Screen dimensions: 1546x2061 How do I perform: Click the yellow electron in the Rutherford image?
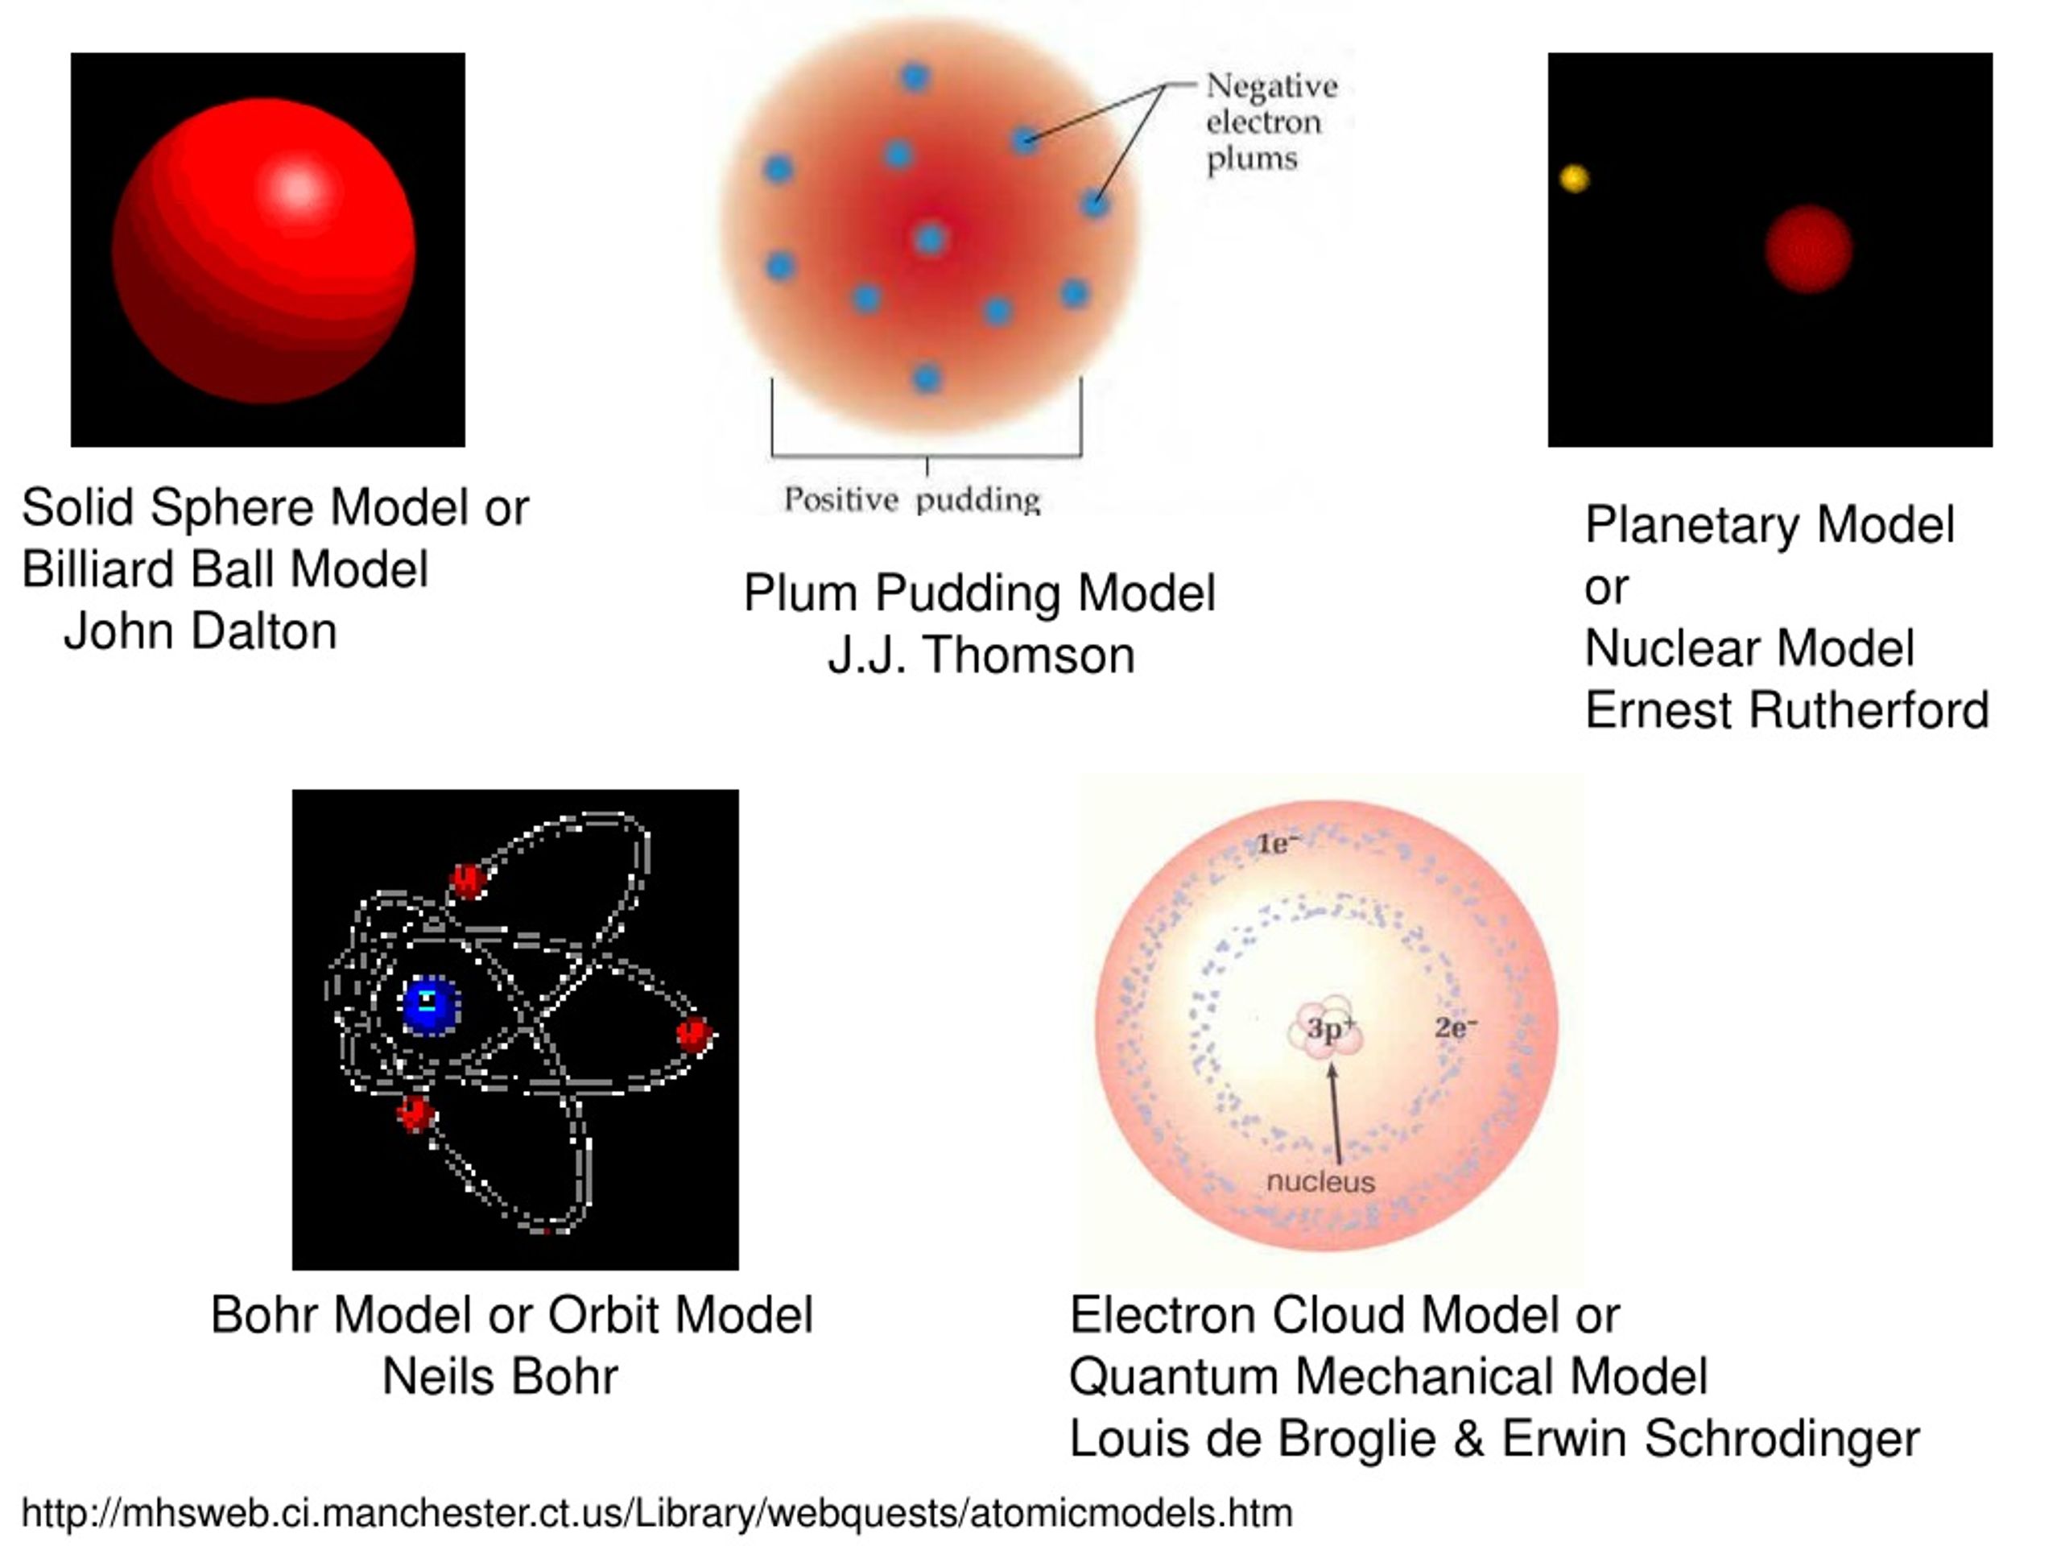pyautogui.click(x=1575, y=178)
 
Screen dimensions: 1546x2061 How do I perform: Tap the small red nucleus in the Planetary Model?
pyautogui.click(x=1808, y=249)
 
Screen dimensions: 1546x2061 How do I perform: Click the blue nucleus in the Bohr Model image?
pyautogui.click(x=431, y=1007)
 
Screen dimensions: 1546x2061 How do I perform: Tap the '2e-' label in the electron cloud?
pyautogui.click(x=1456, y=1028)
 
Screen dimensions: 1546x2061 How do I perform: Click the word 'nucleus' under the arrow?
pyautogui.click(x=1320, y=1181)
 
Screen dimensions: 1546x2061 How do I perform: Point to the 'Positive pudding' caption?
pyautogui.click(x=911, y=499)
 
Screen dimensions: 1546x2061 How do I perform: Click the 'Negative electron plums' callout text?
pyautogui.click(x=1271, y=122)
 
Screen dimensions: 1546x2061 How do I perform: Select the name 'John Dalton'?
pyautogui.click(x=200, y=631)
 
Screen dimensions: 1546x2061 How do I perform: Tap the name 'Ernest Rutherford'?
pyautogui.click(x=1786, y=710)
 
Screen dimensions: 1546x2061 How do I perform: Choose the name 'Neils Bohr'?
pyautogui.click(x=500, y=1376)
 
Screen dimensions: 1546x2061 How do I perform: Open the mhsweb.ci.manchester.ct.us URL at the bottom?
pyautogui.click(x=657, y=1512)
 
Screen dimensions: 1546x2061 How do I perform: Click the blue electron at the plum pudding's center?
pyautogui.click(x=930, y=239)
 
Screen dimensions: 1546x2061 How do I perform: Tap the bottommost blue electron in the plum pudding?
pyautogui.click(x=926, y=378)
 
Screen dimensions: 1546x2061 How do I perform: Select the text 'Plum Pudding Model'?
pyautogui.click(x=979, y=593)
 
